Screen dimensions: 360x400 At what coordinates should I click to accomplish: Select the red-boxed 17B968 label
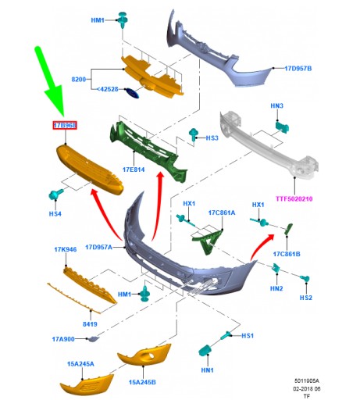65,126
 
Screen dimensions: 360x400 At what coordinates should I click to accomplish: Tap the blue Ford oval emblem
132,93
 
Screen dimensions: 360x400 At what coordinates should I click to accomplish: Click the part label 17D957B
298,69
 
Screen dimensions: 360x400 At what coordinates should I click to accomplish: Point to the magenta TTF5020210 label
294,199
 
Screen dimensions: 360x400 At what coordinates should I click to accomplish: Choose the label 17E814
134,170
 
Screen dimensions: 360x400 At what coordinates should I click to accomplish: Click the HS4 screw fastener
55,195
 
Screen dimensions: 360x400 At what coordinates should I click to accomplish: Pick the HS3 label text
212,137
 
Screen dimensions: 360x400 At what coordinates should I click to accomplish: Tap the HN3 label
276,105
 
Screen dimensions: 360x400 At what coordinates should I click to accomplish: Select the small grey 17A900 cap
93,339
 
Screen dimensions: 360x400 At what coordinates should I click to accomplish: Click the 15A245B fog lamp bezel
144,355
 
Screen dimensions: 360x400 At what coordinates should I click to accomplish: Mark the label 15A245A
80,364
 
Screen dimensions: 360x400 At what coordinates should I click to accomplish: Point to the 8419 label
90,324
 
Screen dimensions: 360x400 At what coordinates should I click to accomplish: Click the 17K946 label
66,249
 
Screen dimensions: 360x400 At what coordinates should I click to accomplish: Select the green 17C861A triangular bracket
208,241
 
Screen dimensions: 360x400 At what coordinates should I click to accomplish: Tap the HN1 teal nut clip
205,350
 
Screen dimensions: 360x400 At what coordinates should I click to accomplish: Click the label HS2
305,298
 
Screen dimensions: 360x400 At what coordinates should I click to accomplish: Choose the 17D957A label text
98,247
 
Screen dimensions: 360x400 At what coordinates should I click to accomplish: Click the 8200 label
78,79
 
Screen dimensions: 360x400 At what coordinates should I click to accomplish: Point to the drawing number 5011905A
306,380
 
